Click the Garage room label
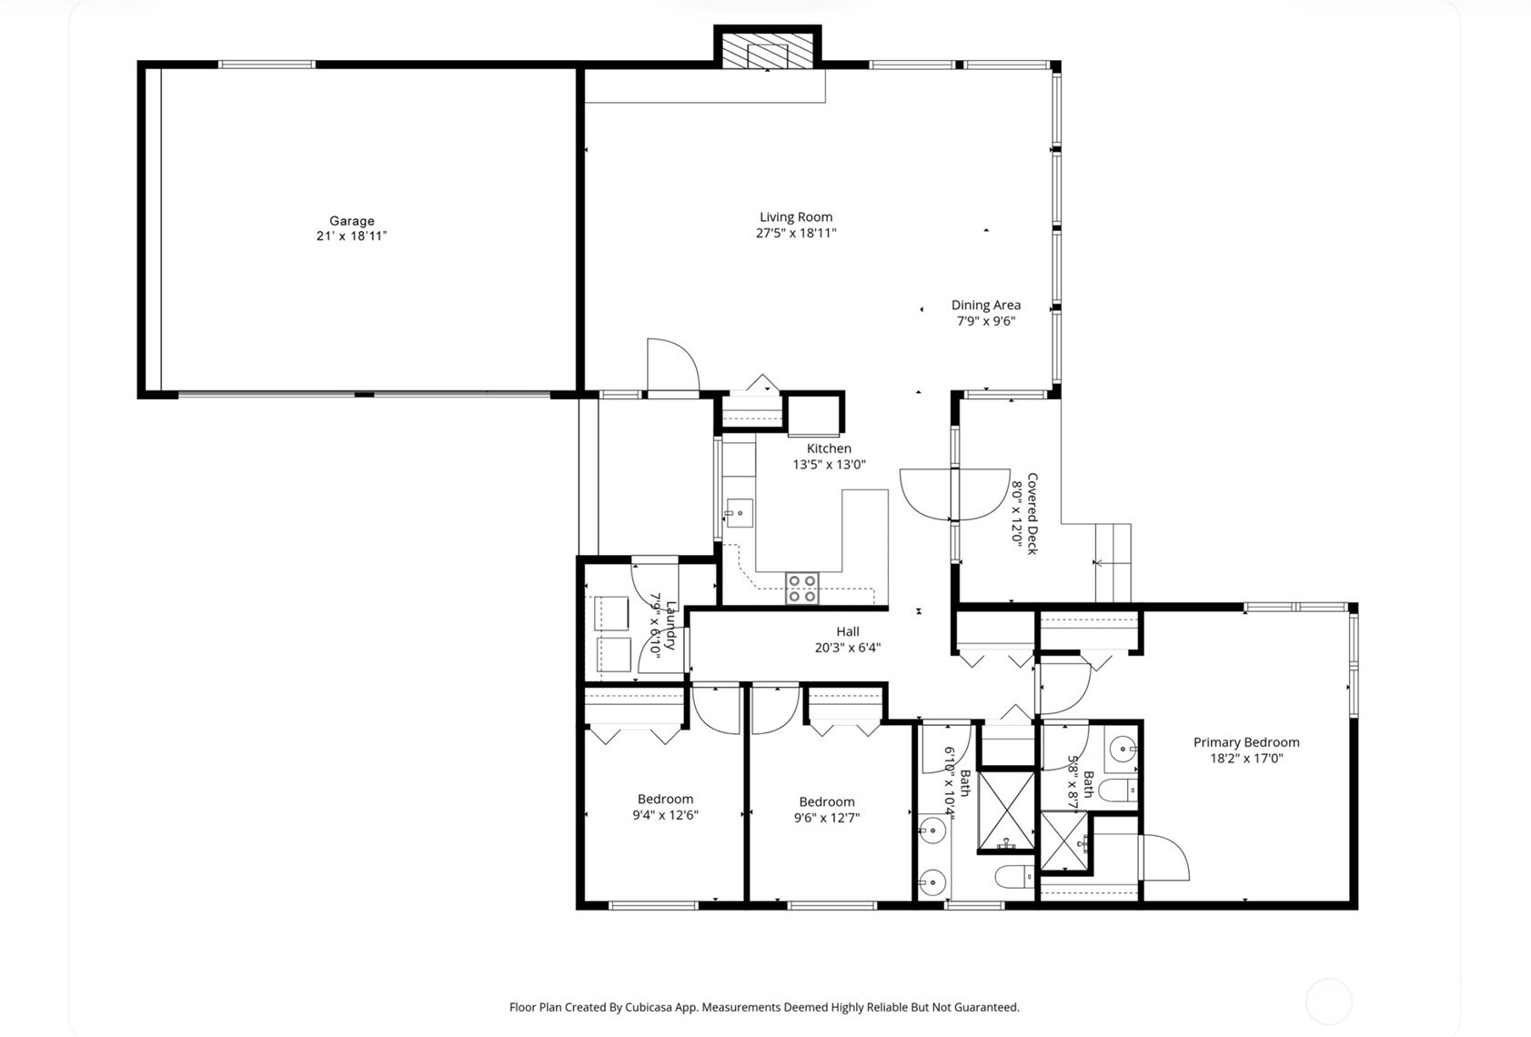(x=352, y=221)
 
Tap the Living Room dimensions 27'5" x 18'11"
(x=796, y=233)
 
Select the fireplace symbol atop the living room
(x=767, y=53)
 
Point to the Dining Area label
(x=986, y=306)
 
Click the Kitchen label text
(x=829, y=448)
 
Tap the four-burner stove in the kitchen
(x=802, y=589)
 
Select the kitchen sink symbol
(x=739, y=514)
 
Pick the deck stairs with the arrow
(x=1113, y=563)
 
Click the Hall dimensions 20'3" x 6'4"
(x=847, y=648)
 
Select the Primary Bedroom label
(x=1246, y=742)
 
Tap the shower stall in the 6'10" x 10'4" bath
(x=1006, y=810)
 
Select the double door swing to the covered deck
(x=954, y=494)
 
